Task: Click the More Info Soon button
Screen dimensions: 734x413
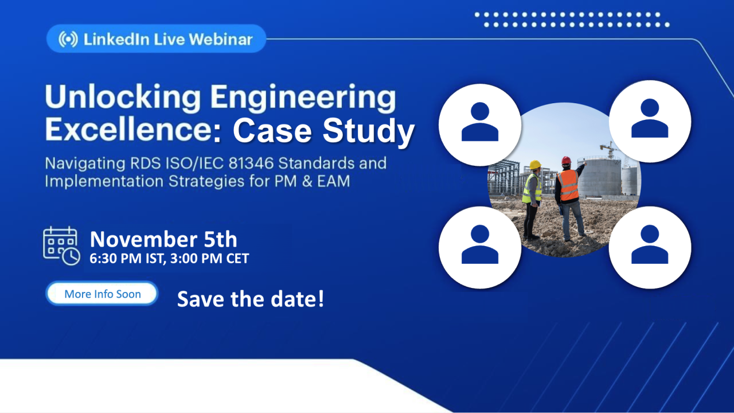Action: (102, 293)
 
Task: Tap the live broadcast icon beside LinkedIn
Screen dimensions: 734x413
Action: (68, 40)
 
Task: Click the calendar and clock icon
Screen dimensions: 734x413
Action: (61, 246)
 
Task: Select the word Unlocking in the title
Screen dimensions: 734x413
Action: (123, 98)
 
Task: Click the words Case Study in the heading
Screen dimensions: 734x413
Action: (324, 130)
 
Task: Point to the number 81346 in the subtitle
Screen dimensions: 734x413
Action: (251, 163)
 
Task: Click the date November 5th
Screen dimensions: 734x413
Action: (163, 239)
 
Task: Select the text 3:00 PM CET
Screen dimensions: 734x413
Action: (210, 259)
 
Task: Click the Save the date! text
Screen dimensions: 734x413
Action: (251, 299)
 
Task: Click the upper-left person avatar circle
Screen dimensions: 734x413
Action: (480, 125)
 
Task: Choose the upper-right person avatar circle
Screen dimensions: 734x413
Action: (650, 121)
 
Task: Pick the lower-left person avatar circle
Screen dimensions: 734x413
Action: (480, 247)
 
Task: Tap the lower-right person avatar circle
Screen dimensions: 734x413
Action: (650, 247)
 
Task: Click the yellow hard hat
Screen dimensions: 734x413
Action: (535, 164)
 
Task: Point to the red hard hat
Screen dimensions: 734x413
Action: (566, 160)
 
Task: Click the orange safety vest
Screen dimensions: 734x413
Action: (568, 185)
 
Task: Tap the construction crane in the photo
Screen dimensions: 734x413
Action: (610, 149)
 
